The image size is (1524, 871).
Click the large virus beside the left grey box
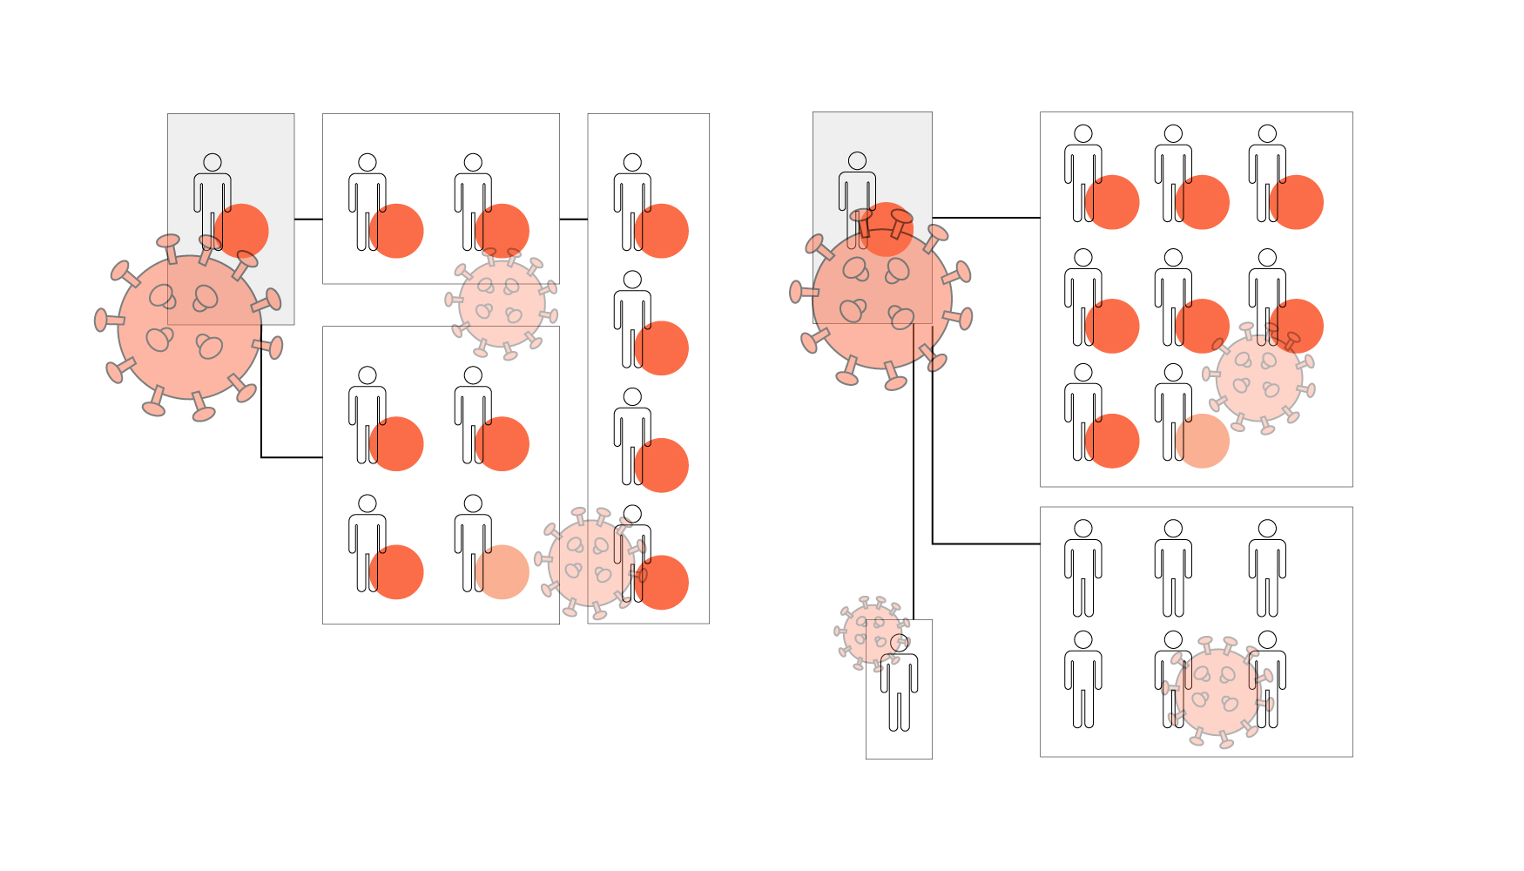(188, 328)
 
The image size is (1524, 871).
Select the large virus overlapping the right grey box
(881, 299)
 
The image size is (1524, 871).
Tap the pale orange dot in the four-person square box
(502, 572)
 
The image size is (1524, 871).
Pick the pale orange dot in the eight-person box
(1202, 442)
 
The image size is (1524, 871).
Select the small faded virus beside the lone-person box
(871, 633)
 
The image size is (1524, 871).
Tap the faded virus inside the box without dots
(1217, 692)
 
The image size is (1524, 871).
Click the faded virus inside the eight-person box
(1258, 379)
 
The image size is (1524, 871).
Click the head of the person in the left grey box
(212, 163)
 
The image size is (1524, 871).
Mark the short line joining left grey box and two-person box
(308, 219)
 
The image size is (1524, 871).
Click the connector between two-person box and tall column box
(573, 219)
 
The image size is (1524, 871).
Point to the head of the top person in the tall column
(633, 163)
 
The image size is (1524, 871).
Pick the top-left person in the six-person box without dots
(1083, 571)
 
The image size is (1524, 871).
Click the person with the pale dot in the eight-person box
(1173, 414)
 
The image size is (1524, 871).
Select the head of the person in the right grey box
(858, 161)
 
